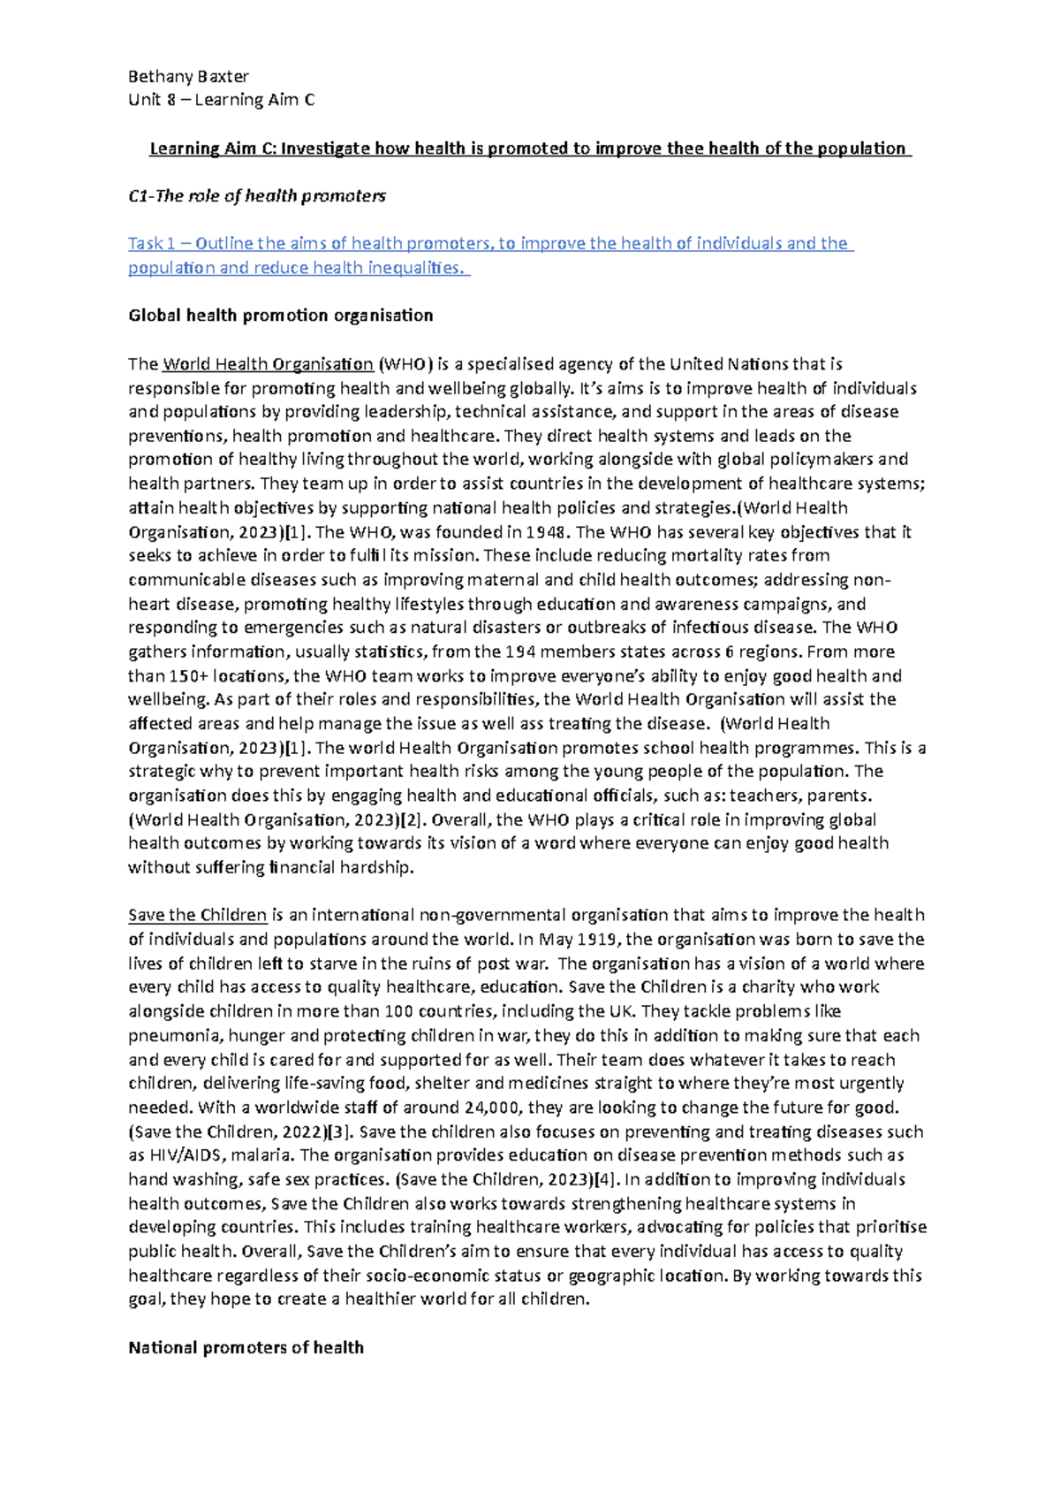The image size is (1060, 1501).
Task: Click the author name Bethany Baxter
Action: (188, 76)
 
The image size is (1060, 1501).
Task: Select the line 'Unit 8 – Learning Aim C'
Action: (221, 100)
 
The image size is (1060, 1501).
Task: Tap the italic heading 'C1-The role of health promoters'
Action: (257, 196)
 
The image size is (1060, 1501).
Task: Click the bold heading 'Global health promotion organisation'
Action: (281, 316)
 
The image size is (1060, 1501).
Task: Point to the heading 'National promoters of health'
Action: (246, 1348)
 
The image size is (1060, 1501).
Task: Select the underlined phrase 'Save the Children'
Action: (197, 915)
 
